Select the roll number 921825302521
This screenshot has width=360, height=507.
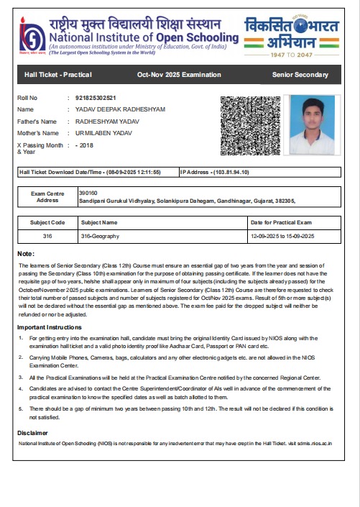click(x=106, y=98)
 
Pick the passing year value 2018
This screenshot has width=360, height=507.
click(x=87, y=145)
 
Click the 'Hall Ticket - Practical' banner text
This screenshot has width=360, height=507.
click(x=55, y=75)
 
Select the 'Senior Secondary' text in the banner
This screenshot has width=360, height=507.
click(x=300, y=75)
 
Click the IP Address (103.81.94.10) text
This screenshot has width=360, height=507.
click(x=215, y=173)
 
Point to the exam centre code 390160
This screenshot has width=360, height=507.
click(x=88, y=193)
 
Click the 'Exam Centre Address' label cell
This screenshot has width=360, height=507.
click(x=47, y=197)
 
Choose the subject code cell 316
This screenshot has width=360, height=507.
click(x=47, y=237)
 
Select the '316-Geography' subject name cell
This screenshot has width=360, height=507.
click(x=100, y=237)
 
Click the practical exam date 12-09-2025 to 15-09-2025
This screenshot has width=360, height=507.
click(x=285, y=237)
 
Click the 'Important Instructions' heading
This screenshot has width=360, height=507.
click(x=50, y=328)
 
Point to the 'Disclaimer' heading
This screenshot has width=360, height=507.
click(x=34, y=433)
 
